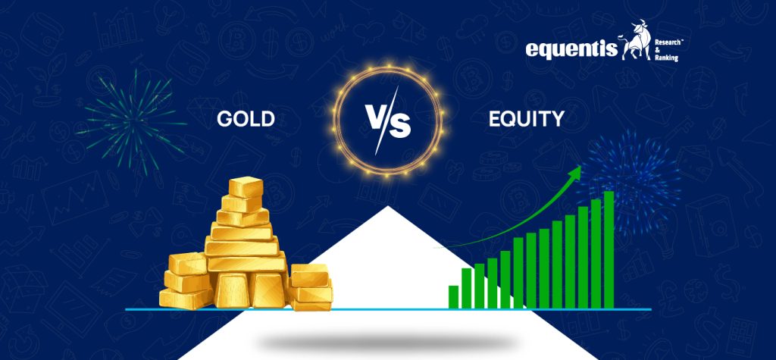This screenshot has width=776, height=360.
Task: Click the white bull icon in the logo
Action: pos(636,44)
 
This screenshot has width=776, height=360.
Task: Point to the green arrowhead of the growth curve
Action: pos(577,172)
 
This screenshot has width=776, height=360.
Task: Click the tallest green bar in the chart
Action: pos(608,250)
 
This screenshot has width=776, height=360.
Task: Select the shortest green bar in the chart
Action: pos(453,296)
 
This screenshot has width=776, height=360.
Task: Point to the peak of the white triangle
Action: pos(387,208)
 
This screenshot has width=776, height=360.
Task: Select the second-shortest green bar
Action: pos(466,288)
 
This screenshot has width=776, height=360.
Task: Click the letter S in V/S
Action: pos(399,125)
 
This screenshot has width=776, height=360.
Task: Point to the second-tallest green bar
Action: pos(595,254)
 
